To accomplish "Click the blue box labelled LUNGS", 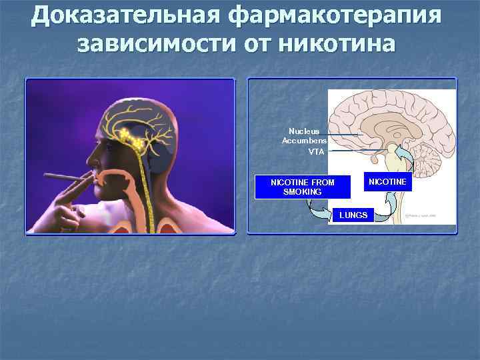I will tap(353, 215).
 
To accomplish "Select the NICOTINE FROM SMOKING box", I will tap(303, 187).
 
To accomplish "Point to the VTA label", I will tap(316, 152).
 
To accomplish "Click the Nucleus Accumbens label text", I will tap(304, 136).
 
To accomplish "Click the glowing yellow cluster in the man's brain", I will tap(129, 138).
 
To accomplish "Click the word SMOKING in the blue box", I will tap(303, 192).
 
